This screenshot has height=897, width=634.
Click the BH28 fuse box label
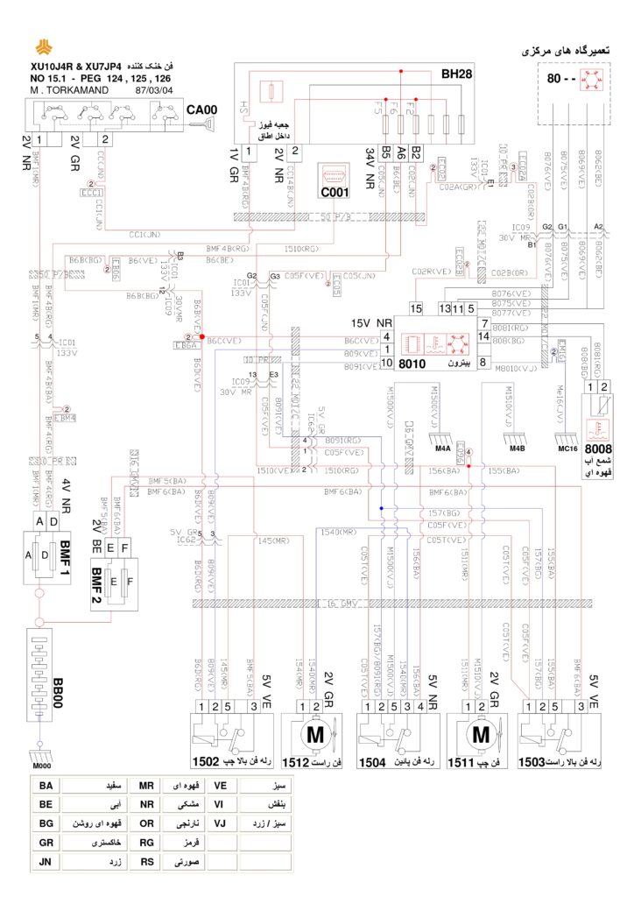pos(456,74)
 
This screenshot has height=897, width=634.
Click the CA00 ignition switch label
pos(201,110)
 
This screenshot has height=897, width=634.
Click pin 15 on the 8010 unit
pos(416,308)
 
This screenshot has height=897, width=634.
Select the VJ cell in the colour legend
pos(221,824)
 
